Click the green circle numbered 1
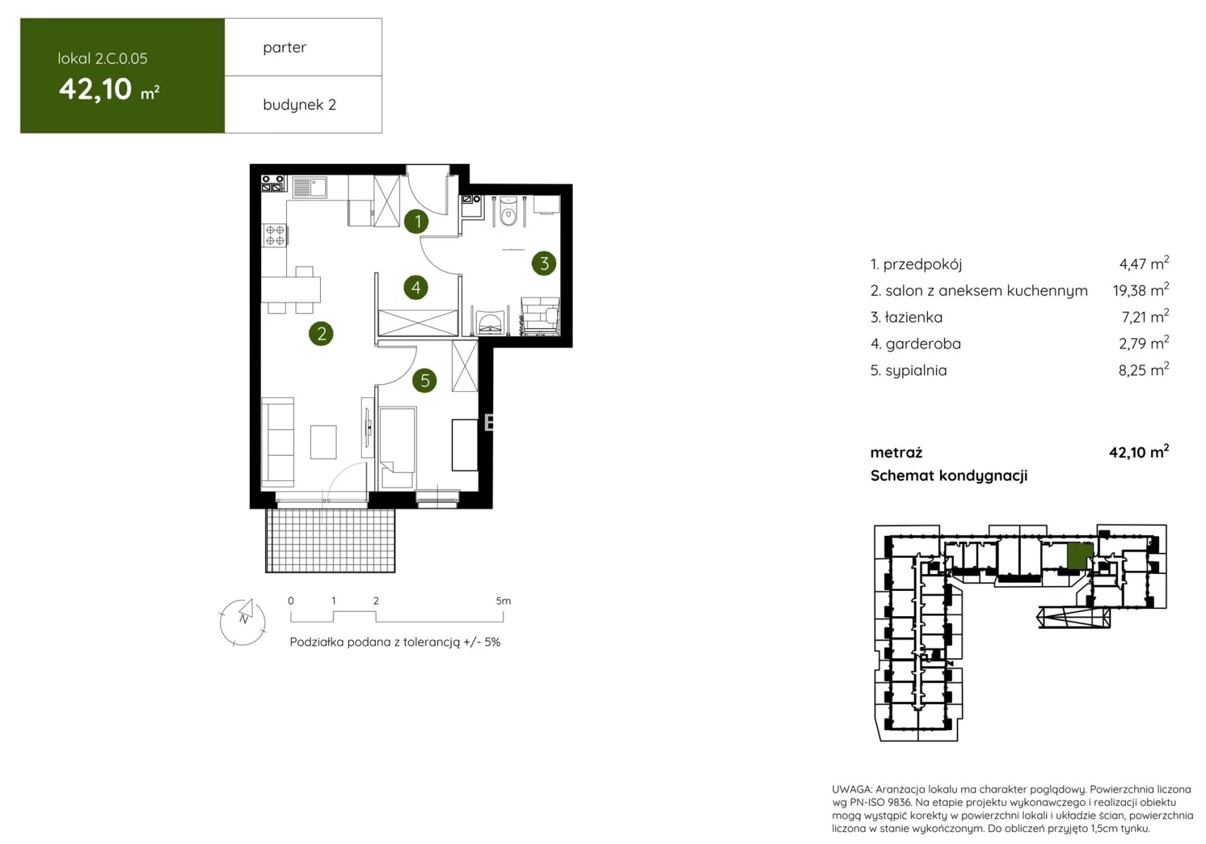pyautogui.click(x=416, y=222)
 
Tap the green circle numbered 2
pyautogui.click(x=321, y=333)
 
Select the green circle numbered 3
pyautogui.click(x=544, y=263)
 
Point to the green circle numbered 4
pyautogui.click(x=416, y=288)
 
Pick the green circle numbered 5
pyautogui.click(x=424, y=381)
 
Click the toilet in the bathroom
pyautogui.click(x=508, y=210)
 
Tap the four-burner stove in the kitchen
pyautogui.click(x=274, y=236)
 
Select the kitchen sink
pyautogui.click(x=310, y=187)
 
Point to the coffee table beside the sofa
pyautogui.click(x=323, y=442)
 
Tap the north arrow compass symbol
pyautogui.click(x=243, y=622)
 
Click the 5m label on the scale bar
pyautogui.click(x=503, y=601)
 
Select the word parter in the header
pyautogui.click(x=284, y=48)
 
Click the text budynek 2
pyautogui.click(x=299, y=104)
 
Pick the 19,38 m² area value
pyautogui.click(x=1141, y=290)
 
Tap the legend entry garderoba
pyautogui.click(x=916, y=343)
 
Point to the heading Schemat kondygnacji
pyautogui.click(x=948, y=476)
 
